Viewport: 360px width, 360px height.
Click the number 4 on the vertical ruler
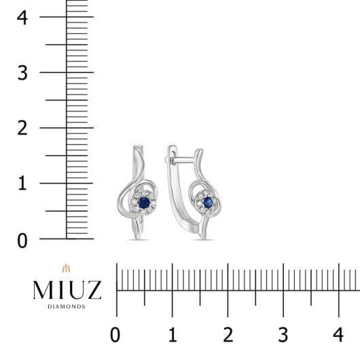pos(22,18)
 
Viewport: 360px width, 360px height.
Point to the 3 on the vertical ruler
pos(22,73)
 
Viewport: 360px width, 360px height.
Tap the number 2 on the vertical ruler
pos(22,128)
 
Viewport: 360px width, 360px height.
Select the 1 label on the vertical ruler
pos(22,183)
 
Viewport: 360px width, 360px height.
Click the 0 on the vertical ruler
pos(22,241)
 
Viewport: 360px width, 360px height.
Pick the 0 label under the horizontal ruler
pos(115,335)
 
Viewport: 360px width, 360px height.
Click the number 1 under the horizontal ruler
pos(173,335)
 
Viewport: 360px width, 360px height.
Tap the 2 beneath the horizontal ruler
pos(228,335)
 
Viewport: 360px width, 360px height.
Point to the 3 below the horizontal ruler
pos(283,335)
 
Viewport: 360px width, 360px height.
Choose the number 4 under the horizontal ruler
pos(338,335)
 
